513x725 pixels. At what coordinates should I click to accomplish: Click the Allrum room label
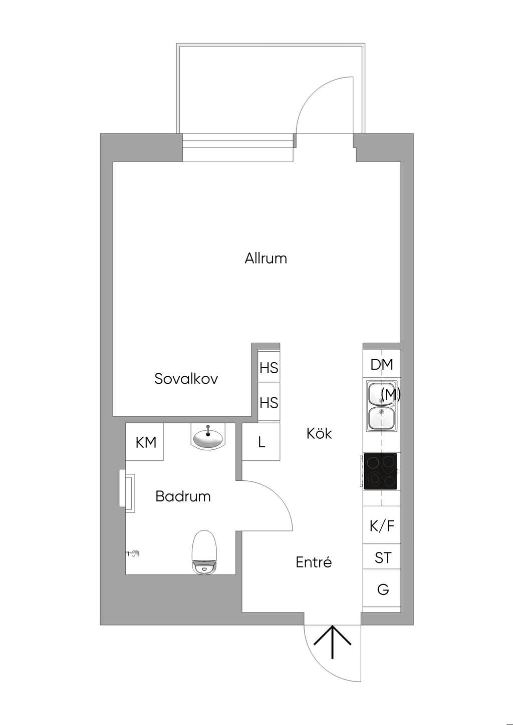266,259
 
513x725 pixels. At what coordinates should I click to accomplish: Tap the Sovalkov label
186,378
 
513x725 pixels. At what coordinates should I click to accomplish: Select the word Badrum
183,496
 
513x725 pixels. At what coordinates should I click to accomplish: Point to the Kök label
319,433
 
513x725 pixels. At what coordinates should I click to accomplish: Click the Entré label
314,562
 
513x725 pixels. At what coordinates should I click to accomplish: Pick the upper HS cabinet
269,368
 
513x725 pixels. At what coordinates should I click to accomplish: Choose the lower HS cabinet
269,403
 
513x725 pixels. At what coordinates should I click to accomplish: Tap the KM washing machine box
145,442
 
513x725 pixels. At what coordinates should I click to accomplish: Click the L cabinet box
261,442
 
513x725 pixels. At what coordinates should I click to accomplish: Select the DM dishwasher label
382,364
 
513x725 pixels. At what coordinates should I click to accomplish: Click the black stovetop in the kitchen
380,471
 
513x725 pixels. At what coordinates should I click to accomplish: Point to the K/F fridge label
382,526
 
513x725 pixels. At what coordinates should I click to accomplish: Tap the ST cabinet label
383,558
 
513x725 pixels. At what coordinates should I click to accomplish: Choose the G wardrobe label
383,589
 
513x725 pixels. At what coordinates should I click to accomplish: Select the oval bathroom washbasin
208,438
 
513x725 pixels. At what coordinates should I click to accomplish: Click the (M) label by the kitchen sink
391,394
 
